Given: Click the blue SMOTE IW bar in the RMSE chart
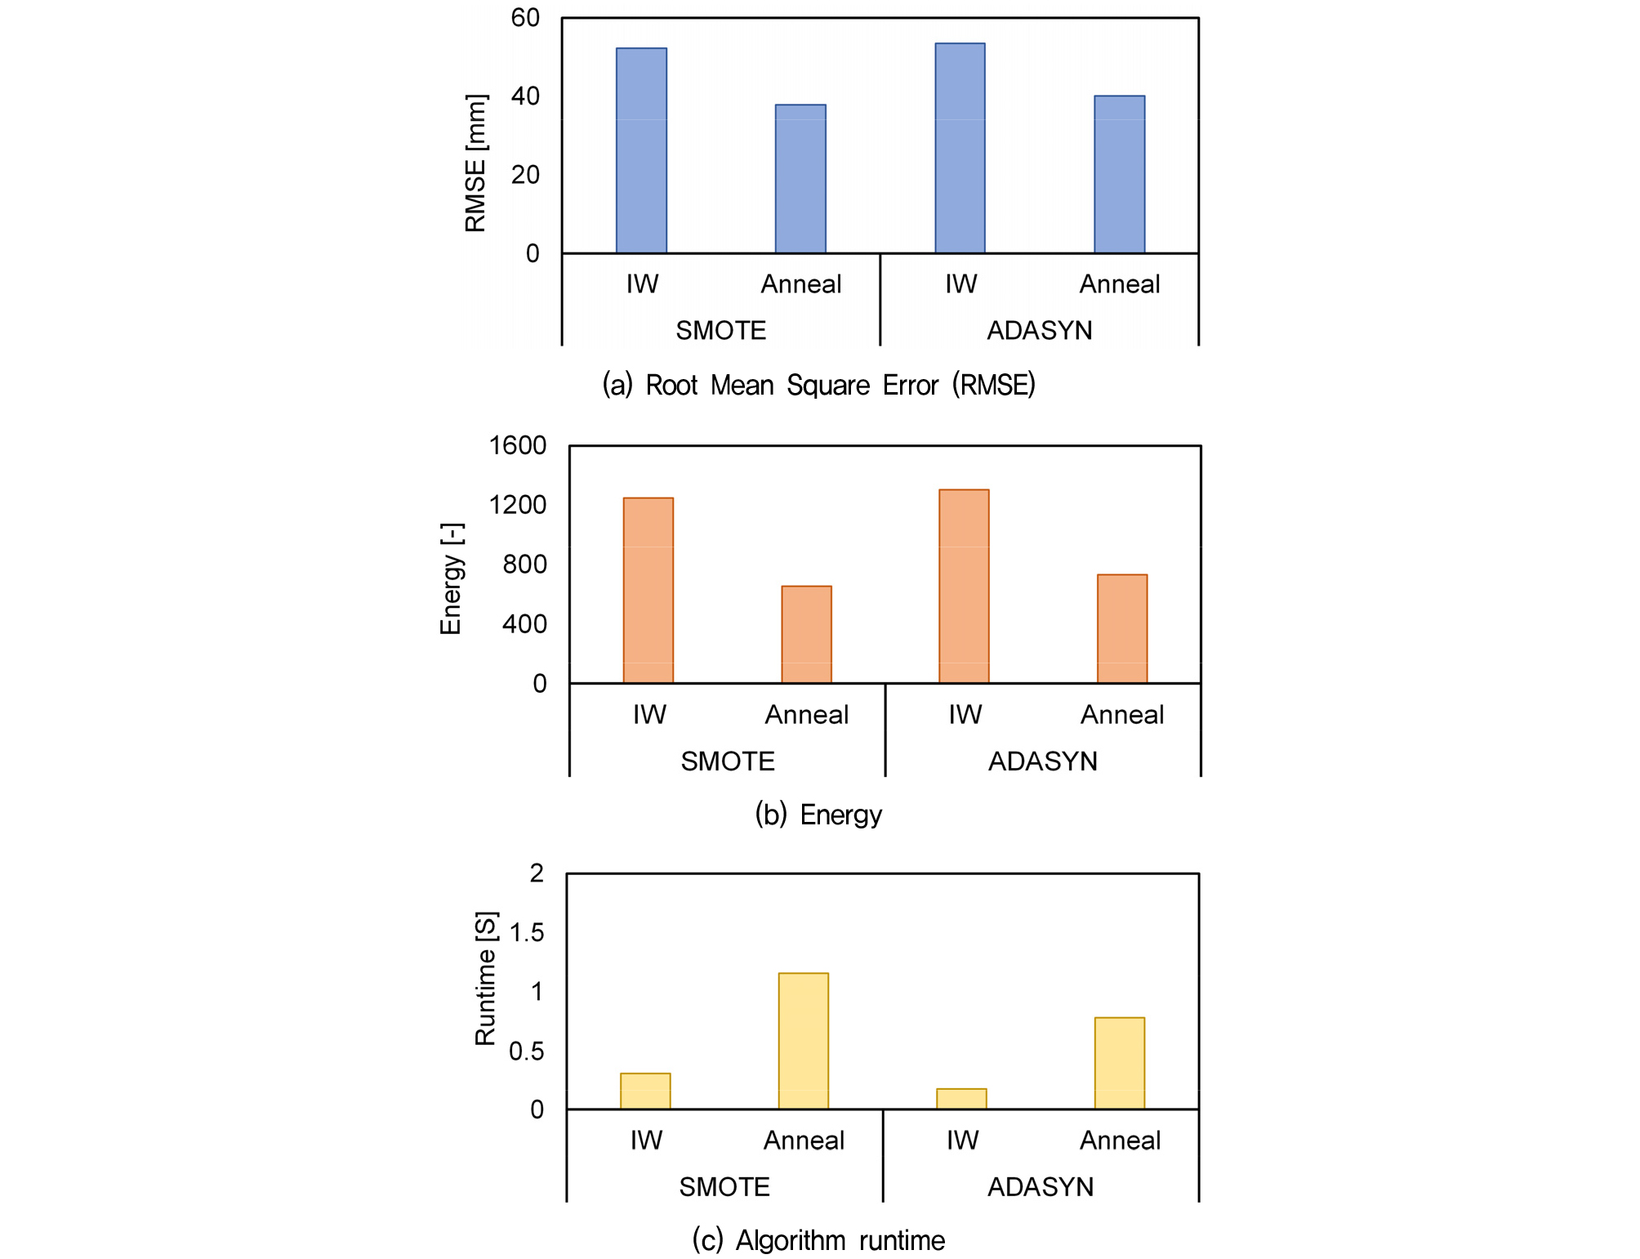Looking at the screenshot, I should (641, 151).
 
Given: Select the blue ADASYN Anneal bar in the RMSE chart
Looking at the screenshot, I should (1119, 175).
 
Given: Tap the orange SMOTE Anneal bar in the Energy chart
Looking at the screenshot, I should (806, 634).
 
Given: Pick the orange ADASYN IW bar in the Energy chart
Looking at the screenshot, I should (964, 586).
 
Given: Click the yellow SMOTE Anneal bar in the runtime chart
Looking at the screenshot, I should (804, 1041).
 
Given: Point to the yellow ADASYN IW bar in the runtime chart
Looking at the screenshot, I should (961, 1099).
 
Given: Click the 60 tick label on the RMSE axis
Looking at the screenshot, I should (525, 18).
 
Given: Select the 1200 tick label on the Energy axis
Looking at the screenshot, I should (518, 505).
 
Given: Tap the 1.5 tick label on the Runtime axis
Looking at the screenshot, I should (526, 933).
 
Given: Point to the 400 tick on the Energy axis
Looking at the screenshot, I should (524, 624).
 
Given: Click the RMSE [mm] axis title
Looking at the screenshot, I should (476, 163).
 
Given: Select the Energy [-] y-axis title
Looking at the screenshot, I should (452, 578).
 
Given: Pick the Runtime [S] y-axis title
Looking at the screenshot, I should (486, 978).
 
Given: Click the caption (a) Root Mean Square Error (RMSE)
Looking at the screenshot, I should (818, 385).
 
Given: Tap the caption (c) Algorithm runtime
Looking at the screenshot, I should (818, 1240).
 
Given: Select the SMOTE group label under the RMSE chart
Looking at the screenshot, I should (721, 331).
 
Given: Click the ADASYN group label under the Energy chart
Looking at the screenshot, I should (1043, 761).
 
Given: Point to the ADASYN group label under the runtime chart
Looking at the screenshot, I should (1041, 1187).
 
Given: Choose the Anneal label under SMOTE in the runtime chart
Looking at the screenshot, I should (804, 1141).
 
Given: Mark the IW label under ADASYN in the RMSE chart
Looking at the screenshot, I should (960, 284).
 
